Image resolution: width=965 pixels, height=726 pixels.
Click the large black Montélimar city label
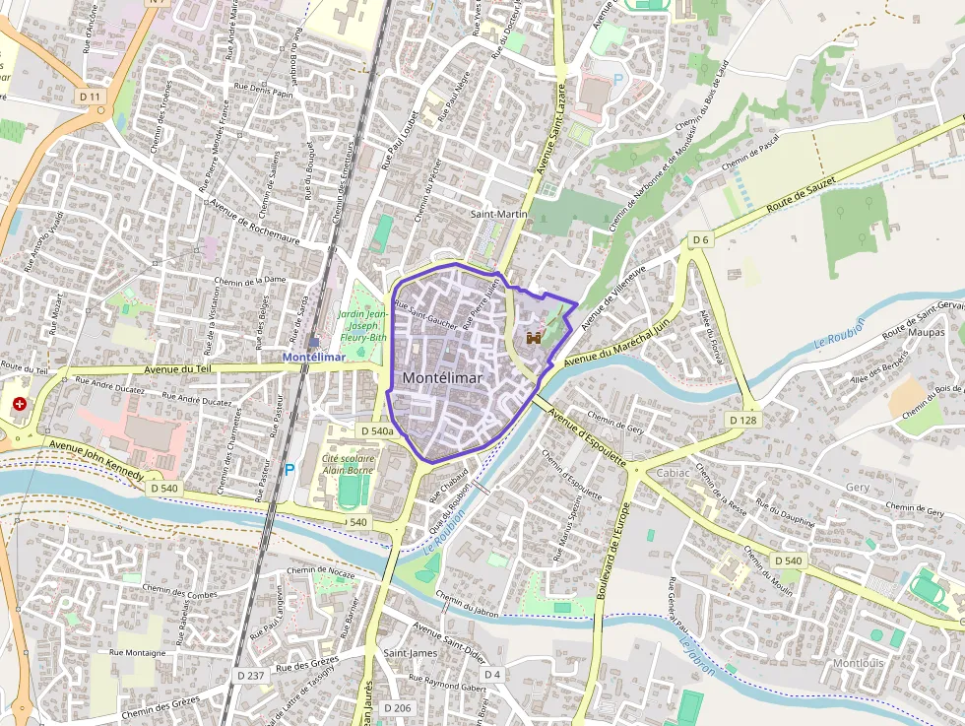(442, 378)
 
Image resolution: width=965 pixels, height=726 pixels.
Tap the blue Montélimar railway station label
(314, 357)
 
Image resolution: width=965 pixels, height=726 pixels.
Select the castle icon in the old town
(534, 338)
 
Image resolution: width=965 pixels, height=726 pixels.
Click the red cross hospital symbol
(20, 404)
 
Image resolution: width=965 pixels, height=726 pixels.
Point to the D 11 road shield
(91, 96)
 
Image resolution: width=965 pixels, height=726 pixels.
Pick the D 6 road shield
(700, 239)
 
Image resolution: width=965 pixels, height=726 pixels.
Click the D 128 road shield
(743, 421)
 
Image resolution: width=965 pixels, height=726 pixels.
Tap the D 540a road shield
(376, 431)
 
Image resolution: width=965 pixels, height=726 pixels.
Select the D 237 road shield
(251, 675)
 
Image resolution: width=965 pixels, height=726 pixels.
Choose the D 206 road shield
(398, 708)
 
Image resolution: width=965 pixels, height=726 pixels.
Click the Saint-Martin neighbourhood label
(498, 214)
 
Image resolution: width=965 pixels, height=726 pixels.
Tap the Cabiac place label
(674, 473)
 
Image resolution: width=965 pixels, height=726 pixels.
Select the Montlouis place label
(858, 663)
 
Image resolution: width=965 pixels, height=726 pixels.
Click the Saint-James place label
(410, 653)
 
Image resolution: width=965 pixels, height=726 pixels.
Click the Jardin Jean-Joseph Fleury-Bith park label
(363, 325)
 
